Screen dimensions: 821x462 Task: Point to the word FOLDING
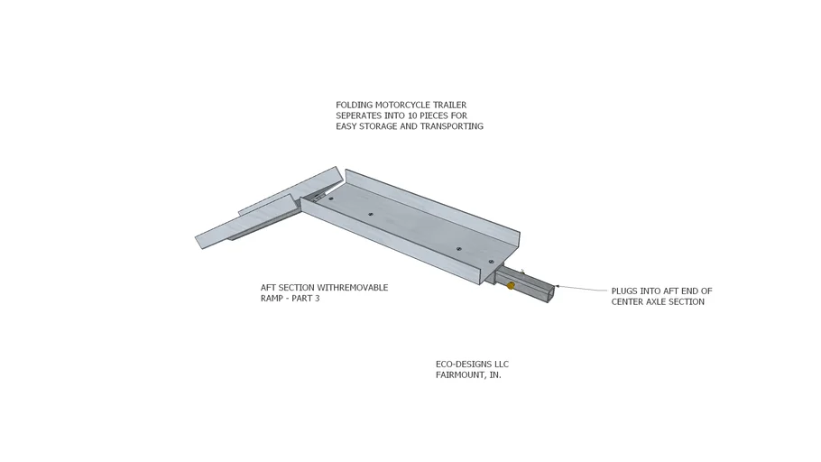[355, 106]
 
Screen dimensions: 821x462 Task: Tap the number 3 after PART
[317, 299]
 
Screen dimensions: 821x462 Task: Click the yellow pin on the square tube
[511, 285]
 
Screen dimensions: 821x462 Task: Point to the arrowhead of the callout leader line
[558, 286]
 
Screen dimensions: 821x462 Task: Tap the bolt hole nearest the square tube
[491, 262]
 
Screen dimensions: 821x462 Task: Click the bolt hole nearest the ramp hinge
[330, 199]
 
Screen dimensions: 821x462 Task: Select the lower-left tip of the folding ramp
[201, 248]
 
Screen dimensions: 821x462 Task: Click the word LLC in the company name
[501, 364]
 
